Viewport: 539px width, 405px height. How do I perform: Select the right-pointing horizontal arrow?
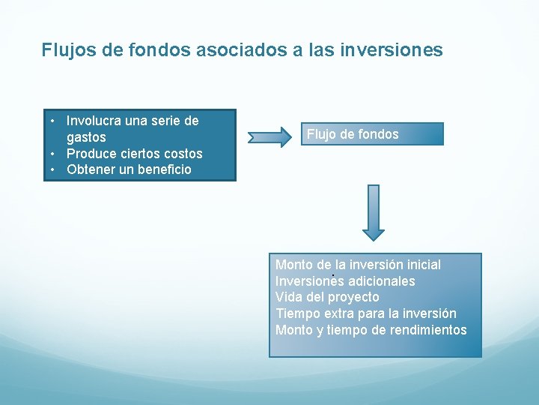[270, 136]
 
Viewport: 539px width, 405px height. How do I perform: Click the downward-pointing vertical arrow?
[374, 211]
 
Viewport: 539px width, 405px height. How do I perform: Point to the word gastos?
[86, 137]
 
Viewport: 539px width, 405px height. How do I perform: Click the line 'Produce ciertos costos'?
[134, 154]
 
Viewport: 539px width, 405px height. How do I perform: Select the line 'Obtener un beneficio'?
[129, 169]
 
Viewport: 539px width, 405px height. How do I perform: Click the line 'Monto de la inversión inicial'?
[358, 265]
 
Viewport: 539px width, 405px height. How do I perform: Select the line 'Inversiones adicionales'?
[345, 281]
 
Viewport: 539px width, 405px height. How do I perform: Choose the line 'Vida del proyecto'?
[327, 297]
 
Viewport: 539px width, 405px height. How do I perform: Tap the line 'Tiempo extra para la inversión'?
[365, 313]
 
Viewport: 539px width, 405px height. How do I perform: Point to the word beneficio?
[159, 169]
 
